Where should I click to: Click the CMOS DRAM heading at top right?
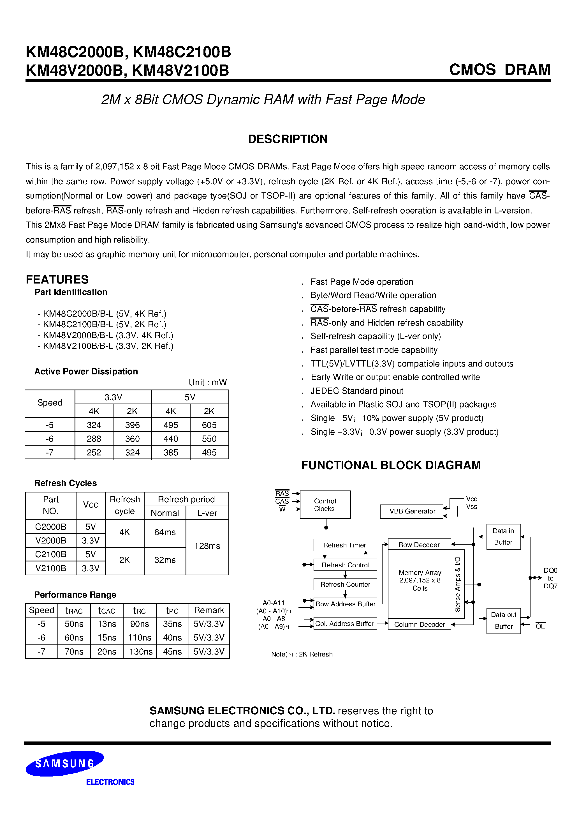[x=499, y=69]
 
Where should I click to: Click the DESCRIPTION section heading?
[x=288, y=139]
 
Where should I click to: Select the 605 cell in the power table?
[x=209, y=425]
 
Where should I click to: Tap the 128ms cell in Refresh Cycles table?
[x=207, y=546]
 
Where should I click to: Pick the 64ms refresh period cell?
[x=165, y=532]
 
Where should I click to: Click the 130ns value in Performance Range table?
[x=141, y=651]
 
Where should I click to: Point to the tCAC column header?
[x=107, y=610]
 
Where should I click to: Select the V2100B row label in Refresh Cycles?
[x=51, y=568]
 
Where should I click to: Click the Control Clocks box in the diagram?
[x=325, y=505]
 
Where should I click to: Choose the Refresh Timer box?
[x=344, y=545]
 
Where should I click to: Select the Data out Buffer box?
[x=503, y=620]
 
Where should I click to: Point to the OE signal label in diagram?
[x=540, y=626]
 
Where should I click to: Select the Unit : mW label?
[x=207, y=382]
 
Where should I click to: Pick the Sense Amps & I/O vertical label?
[x=458, y=584]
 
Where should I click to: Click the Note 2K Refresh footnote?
[x=302, y=654]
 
